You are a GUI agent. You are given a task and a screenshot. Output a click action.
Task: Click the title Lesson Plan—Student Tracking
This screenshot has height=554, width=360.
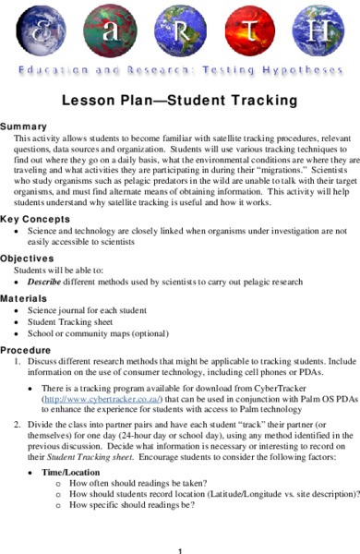click(x=179, y=100)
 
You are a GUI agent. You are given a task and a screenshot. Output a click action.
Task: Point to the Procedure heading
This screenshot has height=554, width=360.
click(x=26, y=351)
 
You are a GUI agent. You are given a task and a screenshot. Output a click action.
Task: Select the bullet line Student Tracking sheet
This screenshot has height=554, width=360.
click(x=73, y=325)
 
